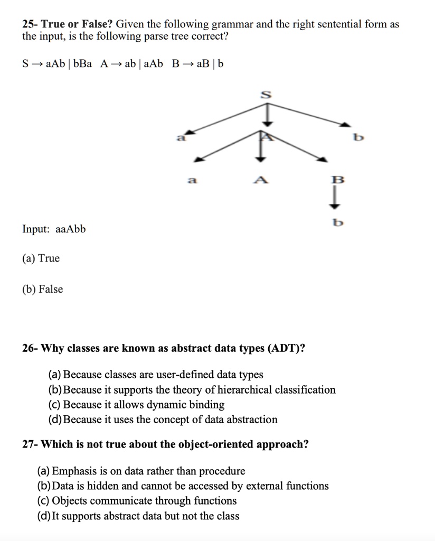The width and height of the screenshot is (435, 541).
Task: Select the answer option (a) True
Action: click(x=41, y=258)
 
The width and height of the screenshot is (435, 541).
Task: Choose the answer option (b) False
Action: click(x=43, y=289)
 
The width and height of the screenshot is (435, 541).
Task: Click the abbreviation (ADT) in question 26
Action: click(x=285, y=349)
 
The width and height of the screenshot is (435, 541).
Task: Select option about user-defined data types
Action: click(x=156, y=375)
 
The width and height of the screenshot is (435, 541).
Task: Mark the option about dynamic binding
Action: click(x=136, y=405)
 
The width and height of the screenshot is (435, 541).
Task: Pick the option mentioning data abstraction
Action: click(x=163, y=419)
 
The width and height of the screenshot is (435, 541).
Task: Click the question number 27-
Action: click(x=30, y=444)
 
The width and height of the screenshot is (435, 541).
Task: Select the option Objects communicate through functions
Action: click(x=137, y=500)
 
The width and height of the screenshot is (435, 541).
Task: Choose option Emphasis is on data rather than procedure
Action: click(x=141, y=471)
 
